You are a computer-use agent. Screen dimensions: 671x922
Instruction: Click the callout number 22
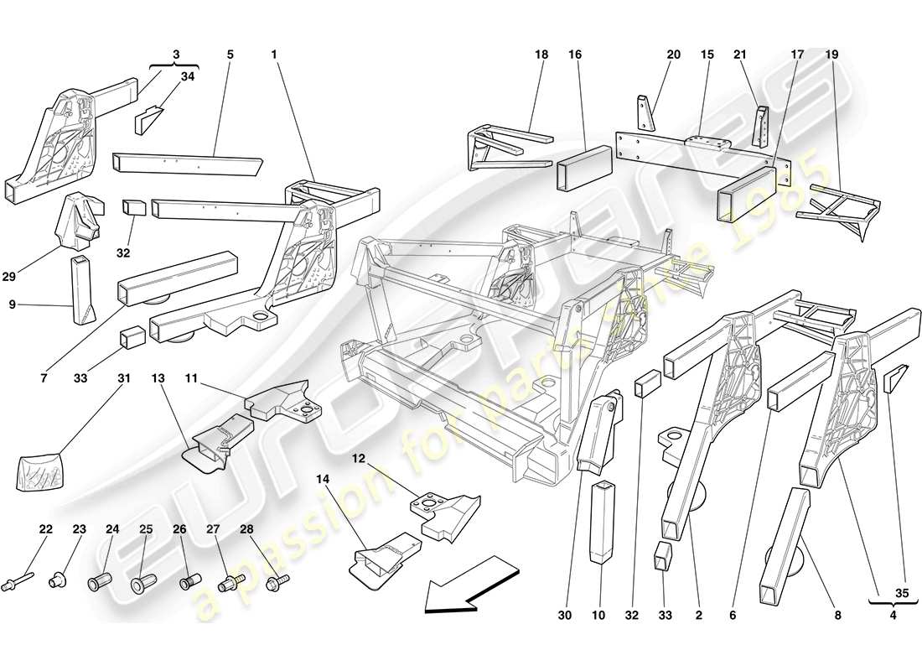click(x=45, y=529)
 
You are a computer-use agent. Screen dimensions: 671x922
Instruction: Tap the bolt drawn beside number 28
click(x=275, y=580)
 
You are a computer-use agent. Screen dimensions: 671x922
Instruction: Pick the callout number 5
click(x=230, y=55)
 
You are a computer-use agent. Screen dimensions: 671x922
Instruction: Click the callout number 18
click(x=541, y=55)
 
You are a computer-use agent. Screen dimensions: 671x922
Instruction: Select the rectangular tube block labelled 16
click(x=583, y=167)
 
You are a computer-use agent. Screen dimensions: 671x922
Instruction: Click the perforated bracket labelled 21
click(x=763, y=126)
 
